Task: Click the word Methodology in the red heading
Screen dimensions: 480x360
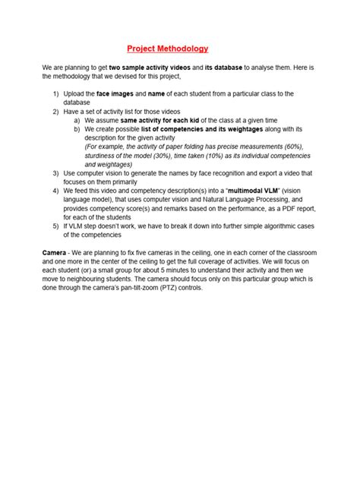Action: [182, 49]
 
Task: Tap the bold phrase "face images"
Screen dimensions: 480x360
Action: [115, 93]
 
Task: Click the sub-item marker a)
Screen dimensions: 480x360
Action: [77, 120]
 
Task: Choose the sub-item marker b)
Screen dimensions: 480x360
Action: [77, 129]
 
